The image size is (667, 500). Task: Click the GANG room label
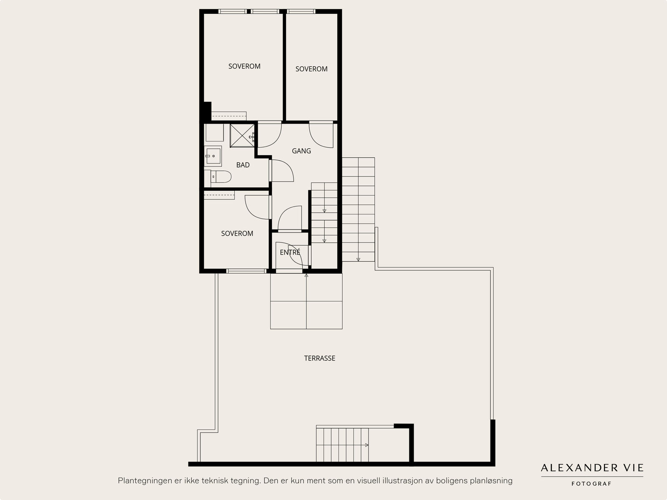click(301, 151)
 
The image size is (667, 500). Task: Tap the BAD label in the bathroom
click(243, 165)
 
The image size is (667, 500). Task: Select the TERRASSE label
click(319, 358)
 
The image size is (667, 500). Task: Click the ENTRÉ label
click(290, 252)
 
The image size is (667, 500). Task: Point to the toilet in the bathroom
click(221, 177)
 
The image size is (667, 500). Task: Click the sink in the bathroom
click(213, 156)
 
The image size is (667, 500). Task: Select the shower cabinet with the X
click(242, 136)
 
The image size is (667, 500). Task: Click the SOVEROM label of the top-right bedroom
click(311, 69)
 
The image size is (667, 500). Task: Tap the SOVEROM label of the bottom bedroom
click(237, 234)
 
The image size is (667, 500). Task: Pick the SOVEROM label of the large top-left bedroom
click(244, 66)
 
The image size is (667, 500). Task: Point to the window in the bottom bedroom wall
click(246, 271)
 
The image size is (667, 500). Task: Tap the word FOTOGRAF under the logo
click(591, 484)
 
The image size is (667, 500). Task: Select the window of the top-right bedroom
click(301, 12)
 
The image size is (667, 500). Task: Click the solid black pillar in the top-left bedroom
click(207, 111)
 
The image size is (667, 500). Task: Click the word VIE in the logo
click(635, 468)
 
